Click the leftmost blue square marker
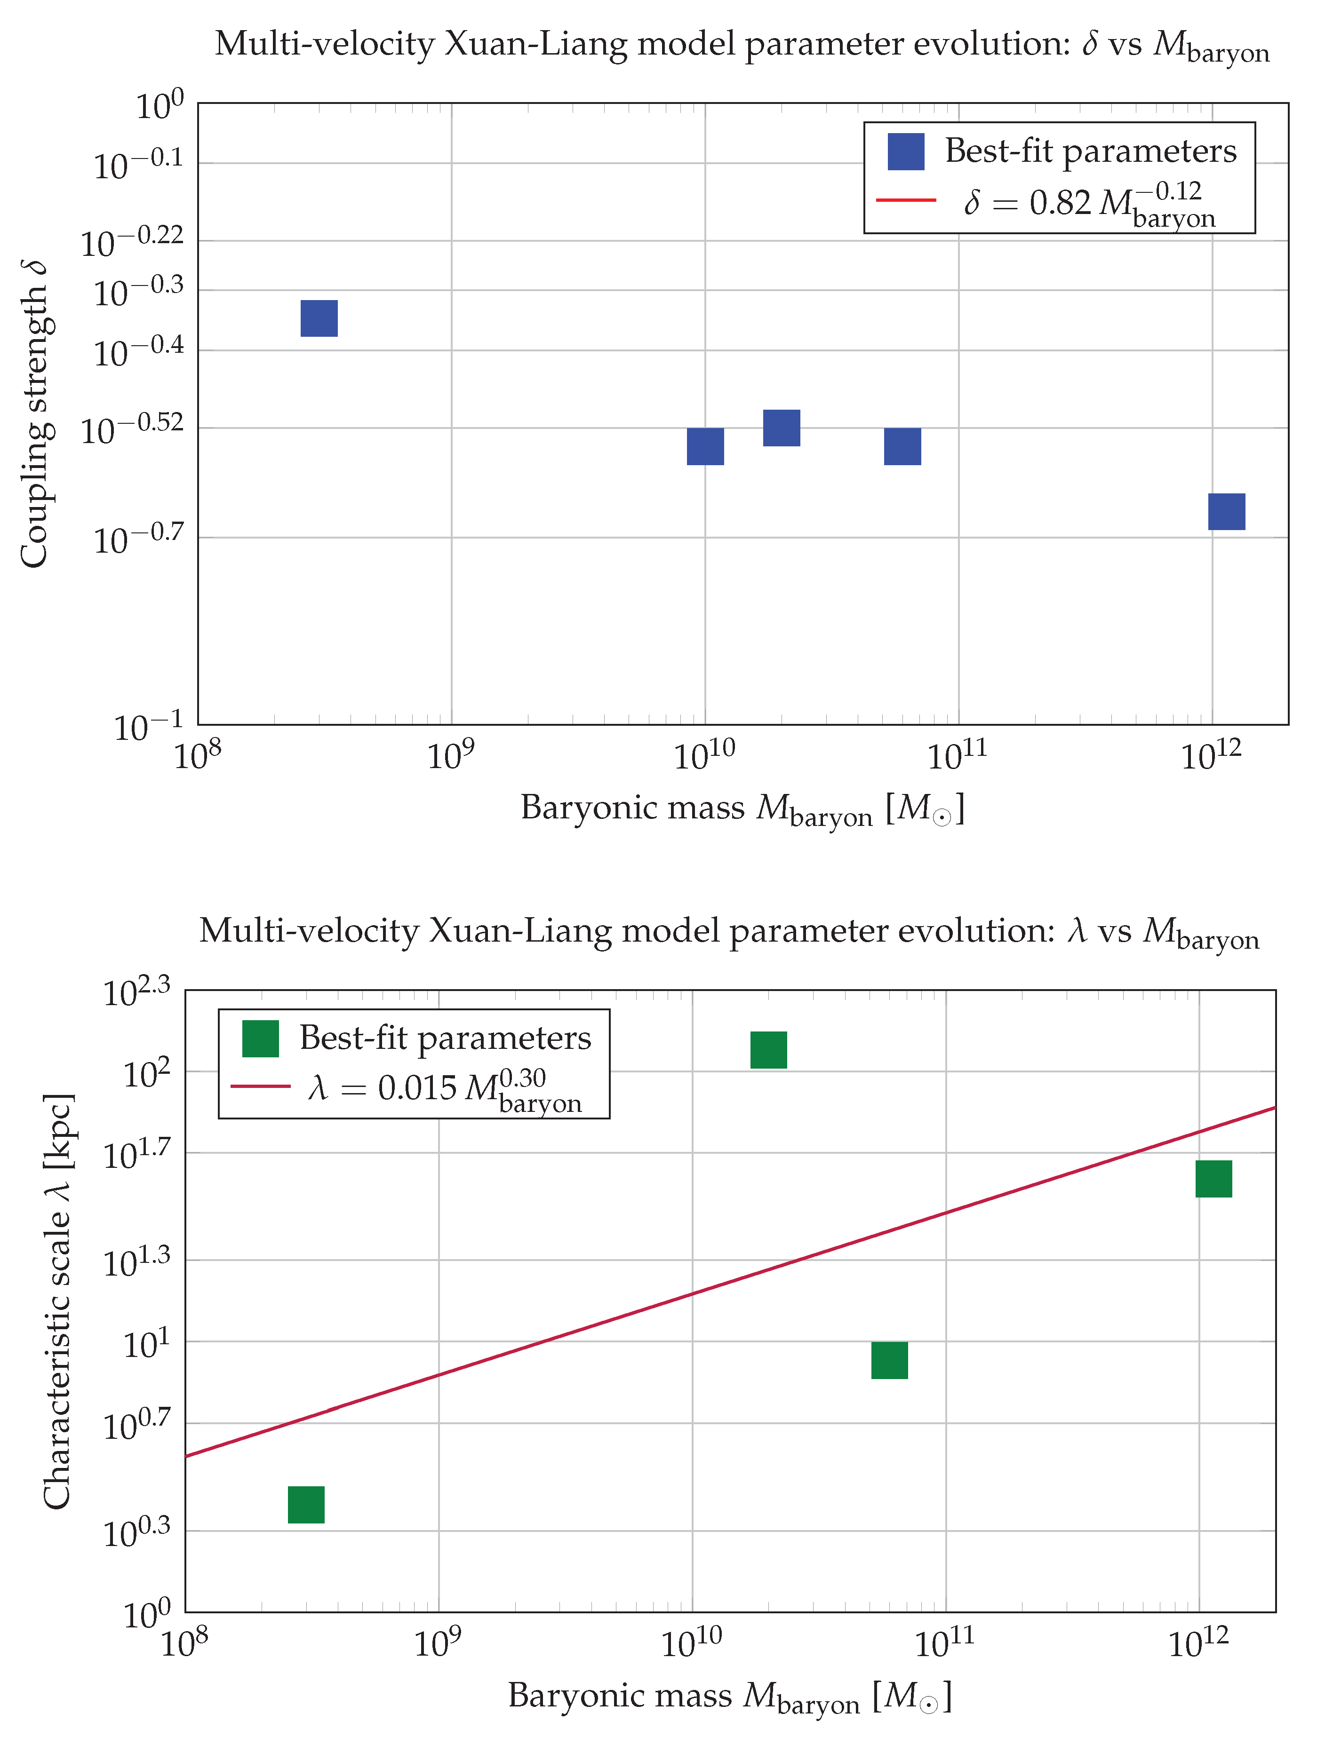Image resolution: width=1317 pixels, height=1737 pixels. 319,318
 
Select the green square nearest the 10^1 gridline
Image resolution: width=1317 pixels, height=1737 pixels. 890,1361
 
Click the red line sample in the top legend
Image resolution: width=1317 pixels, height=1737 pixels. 906,201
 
